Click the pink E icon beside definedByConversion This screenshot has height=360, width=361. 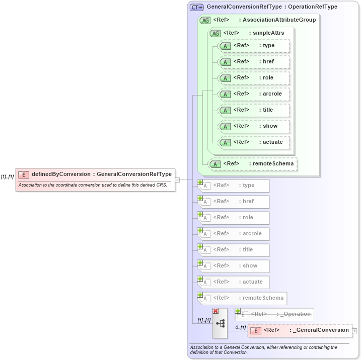coord(23,174)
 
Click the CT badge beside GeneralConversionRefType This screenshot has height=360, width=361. coord(196,7)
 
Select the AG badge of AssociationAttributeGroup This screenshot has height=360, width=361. coord(205,20)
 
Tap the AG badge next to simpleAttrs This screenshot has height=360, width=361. coord(215,33)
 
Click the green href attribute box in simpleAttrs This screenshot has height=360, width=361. coord(254,62)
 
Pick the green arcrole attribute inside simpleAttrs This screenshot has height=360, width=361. coord(254,94)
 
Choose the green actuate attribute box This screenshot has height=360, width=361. coord(254,142)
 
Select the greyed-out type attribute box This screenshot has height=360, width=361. coord(234,186)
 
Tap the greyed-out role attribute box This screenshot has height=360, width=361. coord(234,218)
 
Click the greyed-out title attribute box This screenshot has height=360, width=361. coord(234,250)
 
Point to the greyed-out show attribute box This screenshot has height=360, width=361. coord(234,266)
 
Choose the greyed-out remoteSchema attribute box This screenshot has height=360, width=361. coord(242,298)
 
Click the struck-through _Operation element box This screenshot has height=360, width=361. coord(275,314)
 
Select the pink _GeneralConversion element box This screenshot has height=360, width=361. coord(300,330)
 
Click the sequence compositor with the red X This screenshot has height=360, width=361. coord(220,323)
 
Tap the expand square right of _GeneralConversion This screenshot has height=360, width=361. coord(355,331)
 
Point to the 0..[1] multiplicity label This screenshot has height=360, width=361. coord(240,327)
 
